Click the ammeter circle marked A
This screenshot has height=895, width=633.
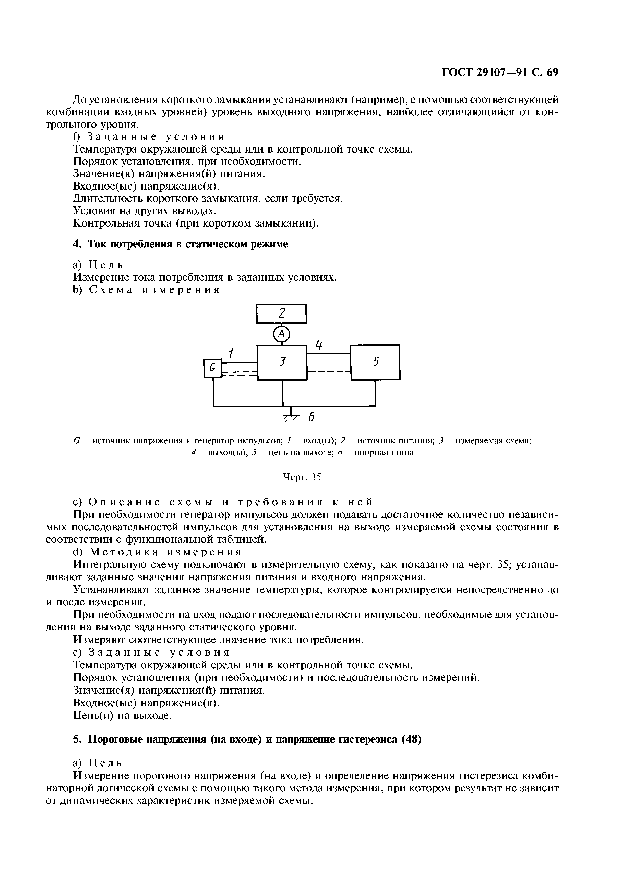click(x=282, y=334)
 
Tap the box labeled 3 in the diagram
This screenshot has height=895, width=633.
click(x=282, y=362)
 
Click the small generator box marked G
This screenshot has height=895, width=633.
click(x=212, y=368)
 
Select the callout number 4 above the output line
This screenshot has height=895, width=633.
click(x=319, y=345)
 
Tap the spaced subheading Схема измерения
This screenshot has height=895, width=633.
click(x=155, y=290)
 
